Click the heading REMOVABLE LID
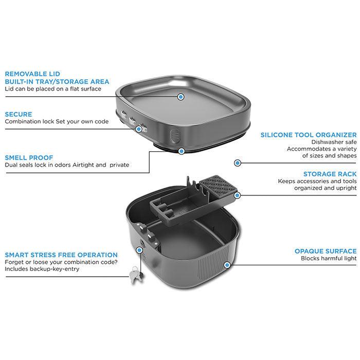click(x=32, y=74)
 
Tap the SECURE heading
click(x=19, y=114)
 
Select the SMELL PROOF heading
click(x=29, y=158)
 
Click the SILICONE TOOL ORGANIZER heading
click(x=309, y=135)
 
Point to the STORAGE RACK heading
click(x=330, y=174)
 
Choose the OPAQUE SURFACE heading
click(x=326, y=251)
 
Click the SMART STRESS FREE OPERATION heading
click(x=61, y=255)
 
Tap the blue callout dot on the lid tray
click(x=181, y=97)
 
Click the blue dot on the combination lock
click(x=138, y=129)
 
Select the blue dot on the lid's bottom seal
click(x=182, y=151)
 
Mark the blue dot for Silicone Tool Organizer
click(x=238, y=163)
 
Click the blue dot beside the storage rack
click(x=238, y=195)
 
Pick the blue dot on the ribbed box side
click(x=227, y=265)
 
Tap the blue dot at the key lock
click(x=139, y=250)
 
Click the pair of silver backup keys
click(x=136, y=275)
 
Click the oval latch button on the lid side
click(x=174, y=136)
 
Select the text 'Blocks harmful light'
click(x=329, y=258)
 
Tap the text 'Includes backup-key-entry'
click(x=42, y=269)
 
